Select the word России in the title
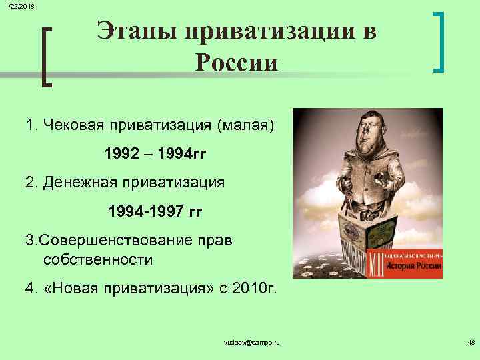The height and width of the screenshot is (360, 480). pos(237,63)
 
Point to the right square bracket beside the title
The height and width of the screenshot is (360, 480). pos(439,41)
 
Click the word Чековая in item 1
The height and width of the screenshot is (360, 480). pos(81,125)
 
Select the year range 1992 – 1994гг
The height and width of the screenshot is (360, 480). pos(155,155)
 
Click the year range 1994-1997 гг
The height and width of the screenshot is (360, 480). pos(155,212)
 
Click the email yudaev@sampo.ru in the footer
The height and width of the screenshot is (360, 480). pos(253,343)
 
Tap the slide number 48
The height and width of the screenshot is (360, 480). pos(471,343)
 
